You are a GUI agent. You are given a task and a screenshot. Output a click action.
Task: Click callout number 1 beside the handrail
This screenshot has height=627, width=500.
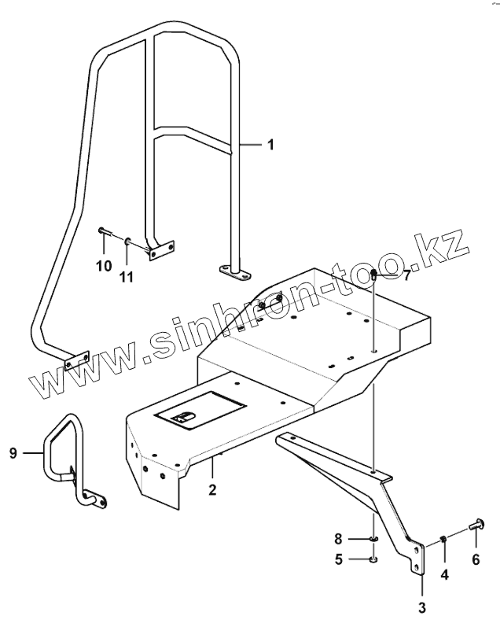[x=270, y=145]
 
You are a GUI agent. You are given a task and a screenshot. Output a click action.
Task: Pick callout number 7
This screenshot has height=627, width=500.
[x=407, y=276]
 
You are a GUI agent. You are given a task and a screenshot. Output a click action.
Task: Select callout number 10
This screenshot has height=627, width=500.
[x=104, y=266]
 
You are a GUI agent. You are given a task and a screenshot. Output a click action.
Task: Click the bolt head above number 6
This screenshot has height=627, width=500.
[x=476, y=525]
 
